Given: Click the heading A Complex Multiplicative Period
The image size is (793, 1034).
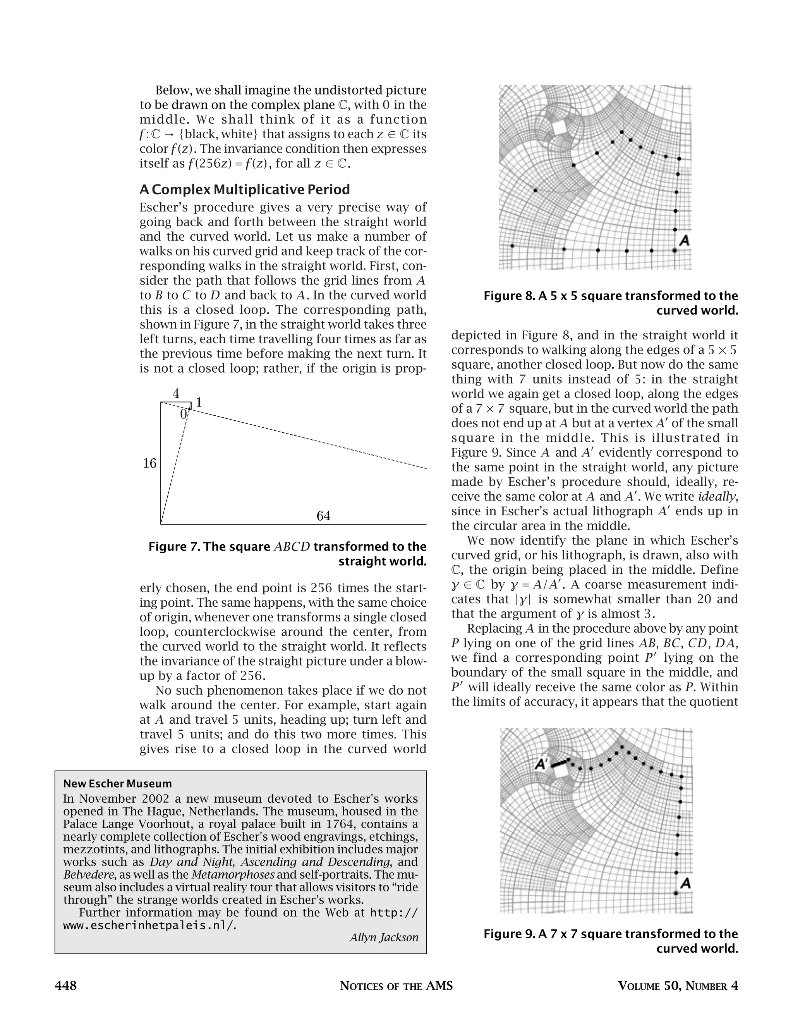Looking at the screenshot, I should click(x=244, y=190).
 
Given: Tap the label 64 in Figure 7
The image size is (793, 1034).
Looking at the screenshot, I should click(x=323, y=516).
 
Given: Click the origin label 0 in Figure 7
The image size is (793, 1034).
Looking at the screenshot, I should click(x=184, y=415).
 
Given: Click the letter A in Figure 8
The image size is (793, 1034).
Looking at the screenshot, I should click(x=684, y=241).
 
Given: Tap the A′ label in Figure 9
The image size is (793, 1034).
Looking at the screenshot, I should click(x=541, y=764).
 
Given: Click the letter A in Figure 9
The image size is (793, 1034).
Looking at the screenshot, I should click(x=686, y=883).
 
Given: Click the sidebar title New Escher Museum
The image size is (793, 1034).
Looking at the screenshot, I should click(x=118, y=784).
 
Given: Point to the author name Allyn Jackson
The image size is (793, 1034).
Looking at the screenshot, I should click(x=384, y=937).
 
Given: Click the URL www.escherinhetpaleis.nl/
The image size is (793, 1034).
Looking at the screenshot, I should click(x=148, y=925).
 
